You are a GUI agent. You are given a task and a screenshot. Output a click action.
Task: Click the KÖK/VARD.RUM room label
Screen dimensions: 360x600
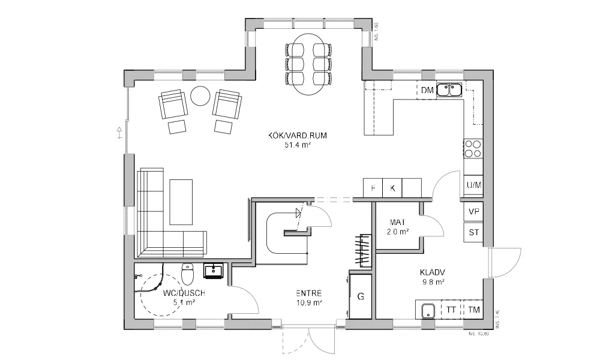pyautogui.click(x=298, y=136)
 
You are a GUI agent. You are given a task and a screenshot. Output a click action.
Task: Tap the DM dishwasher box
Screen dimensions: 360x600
pyautogui.click(x=427, y=91)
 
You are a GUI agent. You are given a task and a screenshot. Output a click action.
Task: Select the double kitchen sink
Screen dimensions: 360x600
pyautogui.click(x=449, y=90)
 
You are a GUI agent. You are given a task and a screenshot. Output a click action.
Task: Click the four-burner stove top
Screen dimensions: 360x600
pyautogui.click(x=473, y=148)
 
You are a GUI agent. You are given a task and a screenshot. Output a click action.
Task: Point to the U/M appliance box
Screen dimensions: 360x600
pyautogui.click(x=473, y=185)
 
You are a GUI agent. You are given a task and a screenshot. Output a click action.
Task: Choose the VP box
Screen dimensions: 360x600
pyautogui.click(x=473, y=212)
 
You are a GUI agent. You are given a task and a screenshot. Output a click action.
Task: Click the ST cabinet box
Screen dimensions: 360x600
pyautogui.click(x=473, y=232)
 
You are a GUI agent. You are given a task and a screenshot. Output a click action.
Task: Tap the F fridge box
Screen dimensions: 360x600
pyautogui.click(x=373, y=188)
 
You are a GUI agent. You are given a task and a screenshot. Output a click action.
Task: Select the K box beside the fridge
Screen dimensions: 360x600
pyautogui.click(x=393, y=188)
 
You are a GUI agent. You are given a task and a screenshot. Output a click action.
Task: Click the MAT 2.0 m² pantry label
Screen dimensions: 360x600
pyautogui.click(x=398, y=226)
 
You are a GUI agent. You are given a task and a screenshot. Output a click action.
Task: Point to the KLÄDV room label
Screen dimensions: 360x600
pyautogui.click(x=432, y=276)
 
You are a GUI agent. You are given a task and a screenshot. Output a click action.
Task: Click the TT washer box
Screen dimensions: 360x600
pyautogui.click(x=451, y=310)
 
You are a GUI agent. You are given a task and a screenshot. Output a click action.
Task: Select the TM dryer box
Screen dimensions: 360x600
pyautogui.click(x=474, y=310)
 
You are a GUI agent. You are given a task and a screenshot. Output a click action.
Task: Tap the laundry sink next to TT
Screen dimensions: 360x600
pyautogui.click(x=428, y=311)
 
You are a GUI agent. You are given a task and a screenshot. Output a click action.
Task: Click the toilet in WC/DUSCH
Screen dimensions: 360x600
pyautogui.click(x=187, y=275)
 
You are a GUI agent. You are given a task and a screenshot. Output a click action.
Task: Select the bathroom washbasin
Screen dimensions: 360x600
pyautogui.click(x=213, y=271)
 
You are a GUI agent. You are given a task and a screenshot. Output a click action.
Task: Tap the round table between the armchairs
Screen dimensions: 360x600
pyautogui.click(x=200, y=95)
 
